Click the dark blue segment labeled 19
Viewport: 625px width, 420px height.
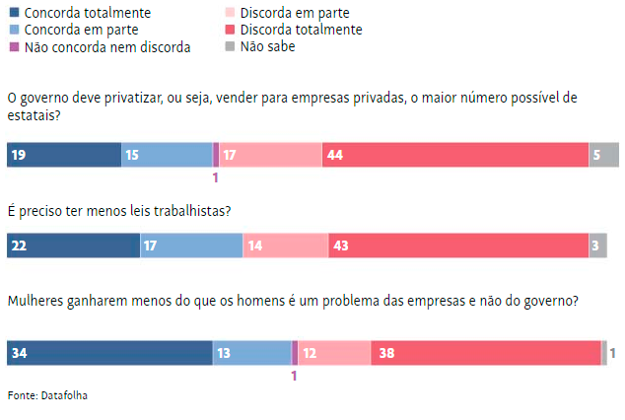64,155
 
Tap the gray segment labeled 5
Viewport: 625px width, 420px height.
604,155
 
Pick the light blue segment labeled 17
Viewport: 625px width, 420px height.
191,245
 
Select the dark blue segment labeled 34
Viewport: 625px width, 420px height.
109,352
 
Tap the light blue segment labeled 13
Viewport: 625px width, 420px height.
252,352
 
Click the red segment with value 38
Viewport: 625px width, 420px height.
486,352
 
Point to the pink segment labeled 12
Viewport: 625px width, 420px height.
334,352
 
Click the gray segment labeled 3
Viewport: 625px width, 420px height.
598,245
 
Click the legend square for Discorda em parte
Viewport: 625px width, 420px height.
231,13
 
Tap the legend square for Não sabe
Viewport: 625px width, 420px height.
231,46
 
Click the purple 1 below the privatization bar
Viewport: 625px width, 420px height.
215,178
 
